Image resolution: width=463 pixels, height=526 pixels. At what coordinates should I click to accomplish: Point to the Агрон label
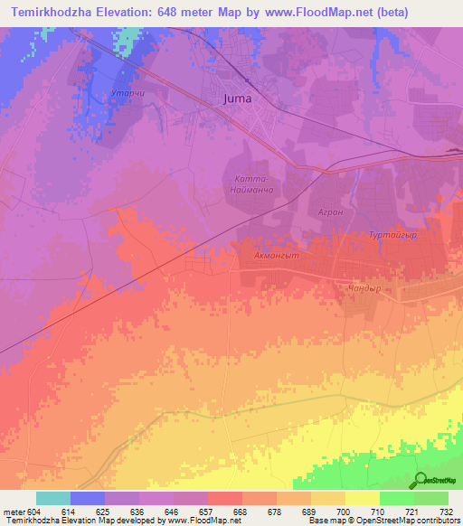[x=330, y=211]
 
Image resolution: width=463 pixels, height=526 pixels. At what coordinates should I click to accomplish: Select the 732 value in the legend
[x=446, y=512]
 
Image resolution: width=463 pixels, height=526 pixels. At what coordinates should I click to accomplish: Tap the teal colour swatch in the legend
[x=52, y=498]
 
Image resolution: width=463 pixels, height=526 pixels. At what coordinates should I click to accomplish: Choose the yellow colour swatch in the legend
[x=362, y=498]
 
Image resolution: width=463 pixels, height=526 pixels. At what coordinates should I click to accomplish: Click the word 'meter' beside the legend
[x=14, y=512]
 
